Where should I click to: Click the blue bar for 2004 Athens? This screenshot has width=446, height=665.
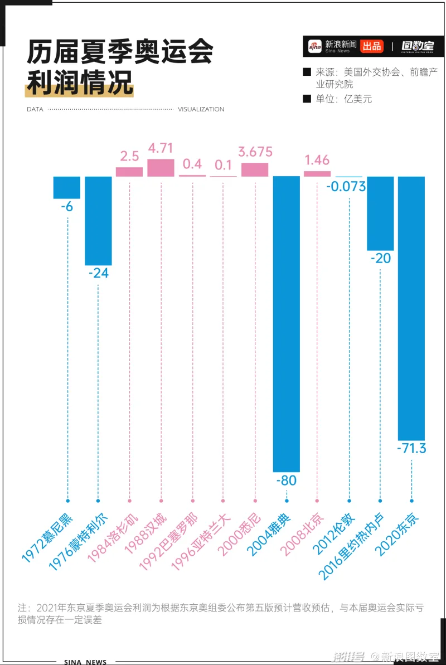click(286, 323)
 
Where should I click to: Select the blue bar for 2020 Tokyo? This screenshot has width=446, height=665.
click(411, 308)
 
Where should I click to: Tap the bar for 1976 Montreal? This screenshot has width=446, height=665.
click(98, 220)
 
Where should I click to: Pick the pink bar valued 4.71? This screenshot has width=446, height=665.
click(161, 168)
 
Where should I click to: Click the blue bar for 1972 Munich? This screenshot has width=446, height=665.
click(67, 187)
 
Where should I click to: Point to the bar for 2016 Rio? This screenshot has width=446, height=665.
click(380, 213)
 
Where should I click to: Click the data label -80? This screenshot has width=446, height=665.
click(286, 480)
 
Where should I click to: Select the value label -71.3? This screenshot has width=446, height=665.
click(411, 448)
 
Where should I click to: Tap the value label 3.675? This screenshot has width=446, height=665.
click(255, 152)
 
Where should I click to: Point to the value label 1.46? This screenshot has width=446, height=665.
click(317, 161)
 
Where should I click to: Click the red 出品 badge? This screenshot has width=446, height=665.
click(371, 46)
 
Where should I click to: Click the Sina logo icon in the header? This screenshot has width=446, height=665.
click(316, 47)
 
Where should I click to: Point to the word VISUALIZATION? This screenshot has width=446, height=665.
click(201, 109)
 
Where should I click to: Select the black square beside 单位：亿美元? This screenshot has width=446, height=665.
click(306, 99)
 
